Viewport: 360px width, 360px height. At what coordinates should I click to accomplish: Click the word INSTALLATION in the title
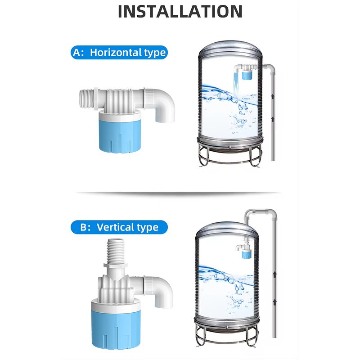click(180, 11)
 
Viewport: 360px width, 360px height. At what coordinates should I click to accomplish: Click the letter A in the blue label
click(77, 52)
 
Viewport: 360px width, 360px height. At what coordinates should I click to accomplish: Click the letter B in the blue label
click(84, 227)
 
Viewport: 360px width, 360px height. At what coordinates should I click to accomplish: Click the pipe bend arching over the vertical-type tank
click(261, 212)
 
